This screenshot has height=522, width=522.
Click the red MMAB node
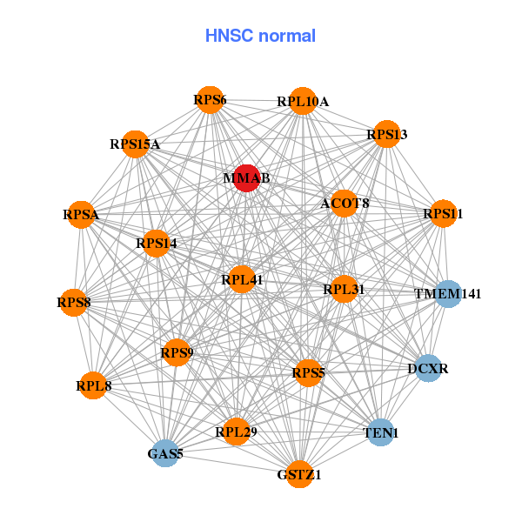point(247,178)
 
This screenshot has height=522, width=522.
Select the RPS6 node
point(210,100)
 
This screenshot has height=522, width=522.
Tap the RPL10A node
point(302,102)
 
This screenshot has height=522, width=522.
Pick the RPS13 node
point(386,134)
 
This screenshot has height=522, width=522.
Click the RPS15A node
point(136,144)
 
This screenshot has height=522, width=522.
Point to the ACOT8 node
point(345,204)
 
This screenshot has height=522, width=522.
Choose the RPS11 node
point(443,213)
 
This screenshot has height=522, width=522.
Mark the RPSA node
point(81,214)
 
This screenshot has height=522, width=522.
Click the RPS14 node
point(157,244)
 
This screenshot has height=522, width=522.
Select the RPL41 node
point(242,279)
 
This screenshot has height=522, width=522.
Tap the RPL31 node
point(344,289)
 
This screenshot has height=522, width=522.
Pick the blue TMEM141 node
point(447,294)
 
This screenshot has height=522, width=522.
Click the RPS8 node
point(73,303)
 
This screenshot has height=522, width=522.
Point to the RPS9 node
point(177,352)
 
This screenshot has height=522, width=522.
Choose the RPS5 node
point(308,373)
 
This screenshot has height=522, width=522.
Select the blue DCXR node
point(427,369)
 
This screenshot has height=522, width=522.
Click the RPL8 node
point(93,385)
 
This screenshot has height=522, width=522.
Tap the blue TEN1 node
point(379,432)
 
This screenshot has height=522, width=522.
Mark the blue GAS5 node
point(165,453)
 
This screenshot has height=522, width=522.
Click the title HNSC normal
point(260,36)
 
